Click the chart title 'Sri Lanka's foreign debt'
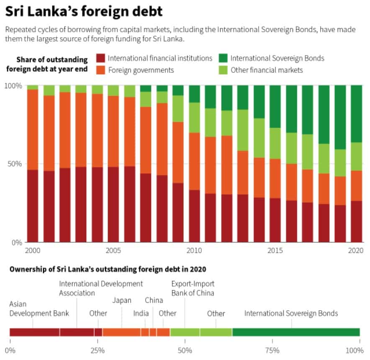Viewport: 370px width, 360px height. click(83, 11)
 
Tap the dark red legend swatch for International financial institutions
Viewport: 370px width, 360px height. click(100, 59)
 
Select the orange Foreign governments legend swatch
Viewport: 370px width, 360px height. click(100, 70)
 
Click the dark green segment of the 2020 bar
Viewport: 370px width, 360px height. click(357, 113)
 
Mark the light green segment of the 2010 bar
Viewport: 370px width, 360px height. click(195, 117)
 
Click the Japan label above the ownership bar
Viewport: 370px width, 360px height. click(122, 300)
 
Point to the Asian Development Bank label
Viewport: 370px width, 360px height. click(39, 309)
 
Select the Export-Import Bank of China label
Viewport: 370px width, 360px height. click(193, 288)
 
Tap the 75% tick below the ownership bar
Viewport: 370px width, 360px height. click(272, 350)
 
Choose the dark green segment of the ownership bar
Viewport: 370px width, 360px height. click(295, 332)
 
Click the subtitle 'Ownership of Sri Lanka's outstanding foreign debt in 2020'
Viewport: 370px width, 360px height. click(108, 269)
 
